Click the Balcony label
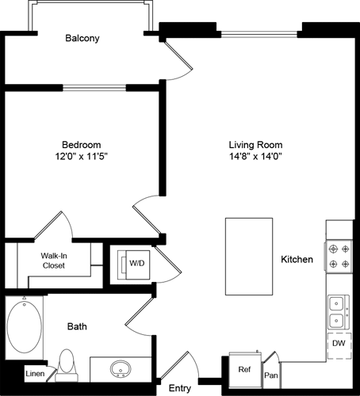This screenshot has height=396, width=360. pos(82,38)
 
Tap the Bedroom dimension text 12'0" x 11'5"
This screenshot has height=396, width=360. pos(82,157)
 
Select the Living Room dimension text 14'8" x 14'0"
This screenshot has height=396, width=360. pos(255,157)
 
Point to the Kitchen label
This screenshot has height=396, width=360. pos(297,259)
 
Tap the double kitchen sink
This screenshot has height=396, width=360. pos(338,311)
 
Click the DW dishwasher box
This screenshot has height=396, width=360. pos(339,344)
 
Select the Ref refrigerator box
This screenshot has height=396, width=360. pos(245,368)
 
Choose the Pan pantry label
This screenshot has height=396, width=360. pos(271,375)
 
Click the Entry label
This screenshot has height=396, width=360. pos(180,388)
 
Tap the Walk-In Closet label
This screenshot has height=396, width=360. pos(53,261)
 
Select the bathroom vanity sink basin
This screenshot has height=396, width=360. pos(121,369)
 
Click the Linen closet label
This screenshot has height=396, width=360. pos(34,373)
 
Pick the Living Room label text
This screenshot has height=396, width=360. pos(255,145)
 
